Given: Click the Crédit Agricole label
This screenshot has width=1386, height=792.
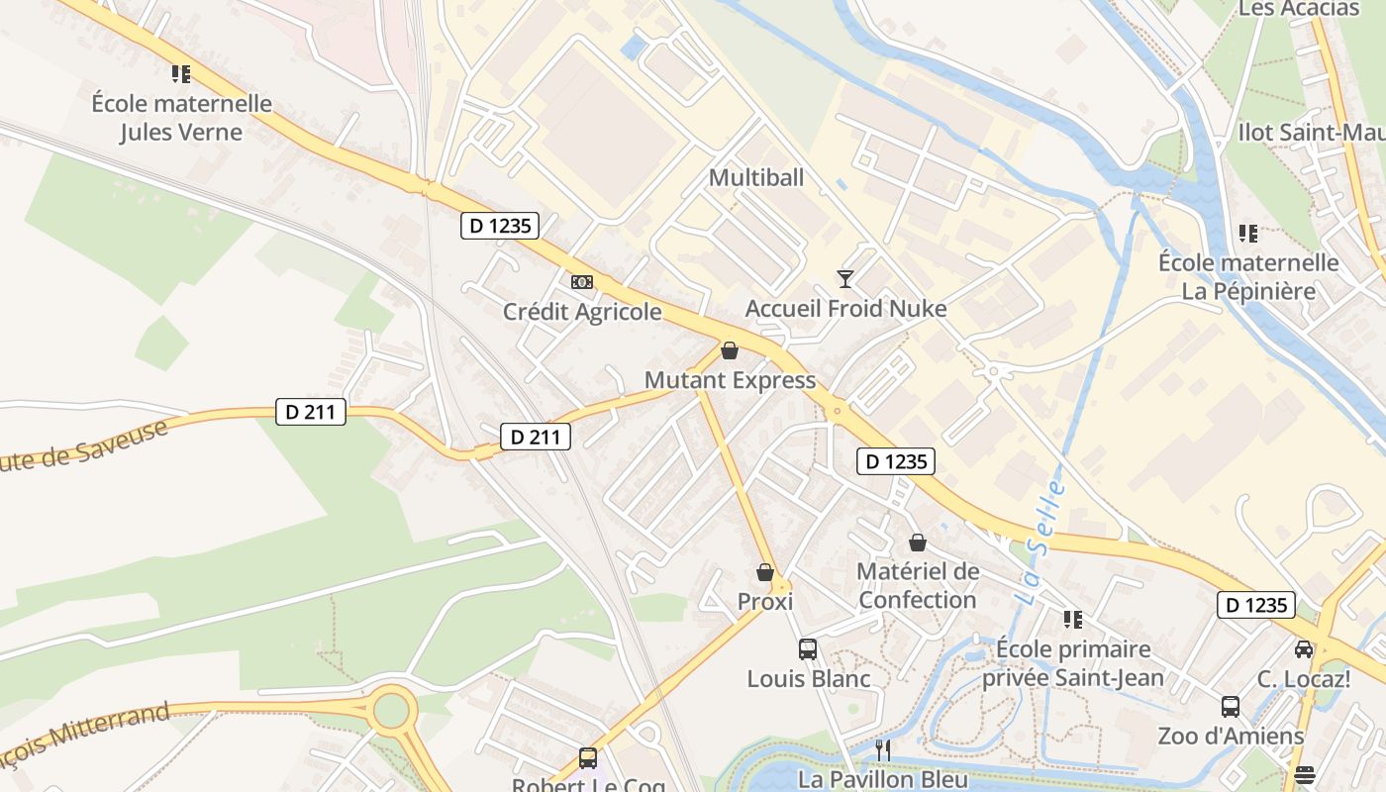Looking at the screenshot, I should pos(582,312).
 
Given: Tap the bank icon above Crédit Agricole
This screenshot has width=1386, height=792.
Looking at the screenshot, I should pos(582,282).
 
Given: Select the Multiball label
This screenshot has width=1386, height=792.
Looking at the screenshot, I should pos(756,178).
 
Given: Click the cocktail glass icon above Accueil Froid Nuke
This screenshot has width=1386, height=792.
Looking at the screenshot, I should pos(845,279).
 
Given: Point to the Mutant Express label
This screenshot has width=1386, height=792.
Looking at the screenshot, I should pos(730,380).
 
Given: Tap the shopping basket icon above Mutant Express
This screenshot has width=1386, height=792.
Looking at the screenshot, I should pos(730,350).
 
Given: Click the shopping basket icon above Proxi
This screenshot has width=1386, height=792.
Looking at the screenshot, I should pos(765,572).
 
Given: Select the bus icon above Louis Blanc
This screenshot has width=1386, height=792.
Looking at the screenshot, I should pos(808,649).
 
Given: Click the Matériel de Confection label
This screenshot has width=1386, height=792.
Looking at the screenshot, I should pos(918,585).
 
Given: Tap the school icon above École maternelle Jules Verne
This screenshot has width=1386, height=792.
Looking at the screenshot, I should pos(181,74).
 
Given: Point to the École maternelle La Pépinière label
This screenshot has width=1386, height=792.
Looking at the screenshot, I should pos(1248,277).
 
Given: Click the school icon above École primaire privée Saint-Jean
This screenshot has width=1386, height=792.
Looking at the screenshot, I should pos(1072,620).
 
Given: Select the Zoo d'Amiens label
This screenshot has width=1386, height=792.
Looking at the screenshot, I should pos(1231,737).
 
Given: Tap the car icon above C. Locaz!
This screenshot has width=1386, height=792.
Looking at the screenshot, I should pos(1304,649).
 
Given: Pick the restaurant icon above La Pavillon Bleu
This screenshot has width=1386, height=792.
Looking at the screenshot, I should pos(883,750).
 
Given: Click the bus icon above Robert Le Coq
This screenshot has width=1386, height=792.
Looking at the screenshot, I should pos(588,758).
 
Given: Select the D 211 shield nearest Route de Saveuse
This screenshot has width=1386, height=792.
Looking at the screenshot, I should pos(310,412).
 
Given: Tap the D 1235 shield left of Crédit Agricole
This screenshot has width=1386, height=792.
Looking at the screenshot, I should pos(500,226).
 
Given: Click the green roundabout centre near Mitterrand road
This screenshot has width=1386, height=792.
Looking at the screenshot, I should pos(392,709).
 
